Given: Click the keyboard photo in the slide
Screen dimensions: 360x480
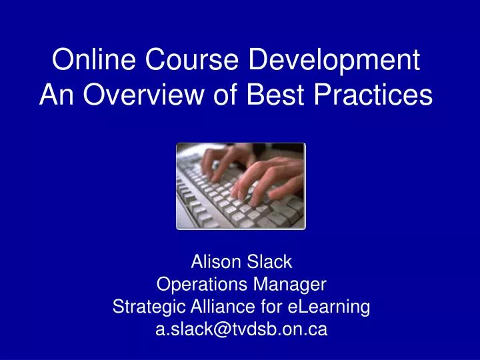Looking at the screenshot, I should coord(241,186).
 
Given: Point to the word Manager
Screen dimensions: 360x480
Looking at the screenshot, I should coord(291,285).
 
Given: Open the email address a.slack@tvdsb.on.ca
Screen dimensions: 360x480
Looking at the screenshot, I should coord(241,329).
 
